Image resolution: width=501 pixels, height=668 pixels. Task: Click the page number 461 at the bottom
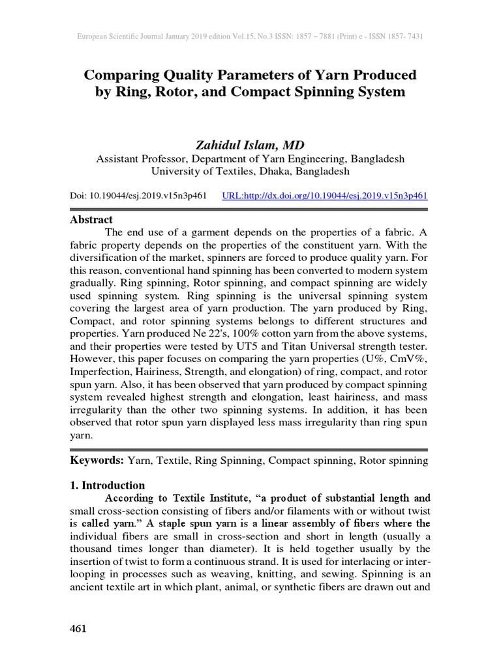pyautogui.click(x=78, y=629)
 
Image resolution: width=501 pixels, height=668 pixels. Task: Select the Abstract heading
pyautogui.click(x=91, y=220)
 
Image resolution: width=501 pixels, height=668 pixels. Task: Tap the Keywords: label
pyautogui.click(x=97, y=460)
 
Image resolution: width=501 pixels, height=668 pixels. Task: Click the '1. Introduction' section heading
pyautogui.click(x=107, y=485)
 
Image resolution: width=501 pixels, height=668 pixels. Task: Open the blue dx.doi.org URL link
pyautogui.click(x=325, y=195)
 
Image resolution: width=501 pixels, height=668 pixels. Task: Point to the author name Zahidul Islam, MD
pyautogui.click(x=250, y=144)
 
